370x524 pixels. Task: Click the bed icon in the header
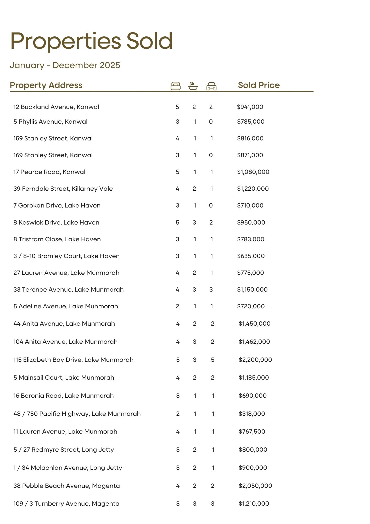[x=176, y=86]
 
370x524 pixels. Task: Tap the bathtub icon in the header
[x=193, y=86]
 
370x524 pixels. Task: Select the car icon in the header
[x=211, y=86]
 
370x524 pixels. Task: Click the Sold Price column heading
[x=259, y=85]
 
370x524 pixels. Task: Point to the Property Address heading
[x=46, y=85]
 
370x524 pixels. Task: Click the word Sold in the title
[x=150, y=41]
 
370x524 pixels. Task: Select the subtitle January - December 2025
[x=65, y=65]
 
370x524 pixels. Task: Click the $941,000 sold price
[x=250, y=107]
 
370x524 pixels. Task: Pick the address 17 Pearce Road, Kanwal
[x=49, y=172]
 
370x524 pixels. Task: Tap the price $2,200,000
[x=255, y=360]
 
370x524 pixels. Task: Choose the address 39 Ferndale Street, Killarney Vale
[x=63, y=189]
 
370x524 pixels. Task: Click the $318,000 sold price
[x=252, y=414]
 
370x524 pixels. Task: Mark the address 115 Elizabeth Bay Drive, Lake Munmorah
[x=73, y=360]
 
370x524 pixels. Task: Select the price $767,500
[x=252, y=432]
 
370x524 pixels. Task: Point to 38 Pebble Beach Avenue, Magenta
[x=66, y=486]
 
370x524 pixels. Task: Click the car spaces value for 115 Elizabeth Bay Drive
[x=212, y=360]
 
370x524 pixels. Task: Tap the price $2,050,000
[x=255, y=486]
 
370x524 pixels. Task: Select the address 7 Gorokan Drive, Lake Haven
[x=57, y=205]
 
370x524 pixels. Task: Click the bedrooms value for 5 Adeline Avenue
[x=177, y=306]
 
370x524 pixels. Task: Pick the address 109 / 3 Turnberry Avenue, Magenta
[x=66, y=504]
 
